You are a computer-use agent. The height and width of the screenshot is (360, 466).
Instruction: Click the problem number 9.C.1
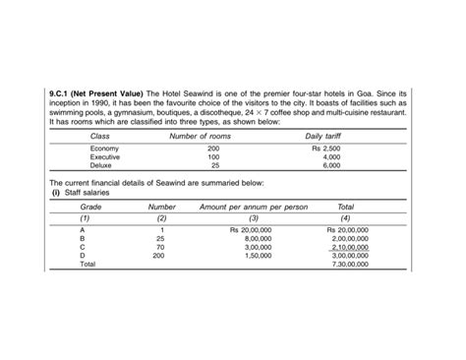click(63, 92)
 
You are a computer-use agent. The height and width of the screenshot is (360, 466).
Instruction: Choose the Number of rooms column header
click(201, 136)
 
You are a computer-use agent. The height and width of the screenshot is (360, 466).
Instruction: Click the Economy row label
click(104, 149)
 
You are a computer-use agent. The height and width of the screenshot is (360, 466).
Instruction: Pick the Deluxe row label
click(102, 165)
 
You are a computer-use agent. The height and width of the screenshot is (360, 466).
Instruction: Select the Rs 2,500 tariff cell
click(325, 149)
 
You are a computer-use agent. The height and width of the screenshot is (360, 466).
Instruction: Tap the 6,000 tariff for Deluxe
click(331, 165)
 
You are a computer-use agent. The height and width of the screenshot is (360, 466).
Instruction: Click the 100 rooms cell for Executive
click(213, 157)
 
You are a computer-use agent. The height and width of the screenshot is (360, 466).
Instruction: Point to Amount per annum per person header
click(254, 208)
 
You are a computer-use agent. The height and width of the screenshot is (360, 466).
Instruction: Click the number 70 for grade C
click(160, 247)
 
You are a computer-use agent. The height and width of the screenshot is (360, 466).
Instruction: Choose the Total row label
click(87, 265)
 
